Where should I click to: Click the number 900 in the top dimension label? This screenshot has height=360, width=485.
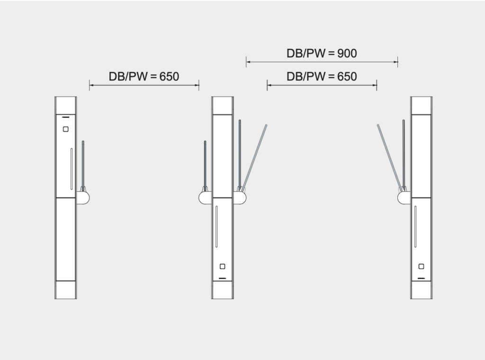click(347, 54)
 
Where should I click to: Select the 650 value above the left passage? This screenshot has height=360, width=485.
click(169, 77)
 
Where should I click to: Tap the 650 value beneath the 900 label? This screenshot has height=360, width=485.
click(347, 77)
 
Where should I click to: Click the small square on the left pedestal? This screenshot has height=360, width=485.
click(65, 129)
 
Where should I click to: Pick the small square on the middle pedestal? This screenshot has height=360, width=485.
click(223, 266)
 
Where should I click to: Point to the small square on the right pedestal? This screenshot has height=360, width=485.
click(421, 266)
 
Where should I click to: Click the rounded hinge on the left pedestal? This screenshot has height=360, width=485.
click(82, 198)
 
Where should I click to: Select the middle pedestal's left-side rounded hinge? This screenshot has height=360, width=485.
click(206, 198)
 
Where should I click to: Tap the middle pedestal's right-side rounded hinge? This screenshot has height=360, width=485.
click(239, 198)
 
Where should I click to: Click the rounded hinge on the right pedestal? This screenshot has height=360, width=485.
click(404, 198)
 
